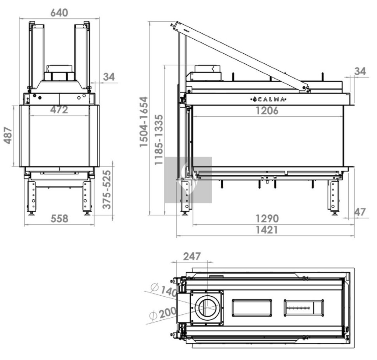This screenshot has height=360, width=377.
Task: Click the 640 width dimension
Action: [x=59, y=13]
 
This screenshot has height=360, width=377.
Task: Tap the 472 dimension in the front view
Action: [x=59, y=110]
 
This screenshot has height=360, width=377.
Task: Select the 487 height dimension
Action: [x=8, y=136]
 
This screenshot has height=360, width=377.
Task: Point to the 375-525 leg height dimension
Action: [x=107, y=190]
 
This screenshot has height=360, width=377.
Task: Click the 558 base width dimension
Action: [x=59, y=218]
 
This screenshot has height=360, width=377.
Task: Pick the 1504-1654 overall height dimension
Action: [x=144, y=122]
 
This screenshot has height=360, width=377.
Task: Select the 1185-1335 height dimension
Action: [x=159, y=140]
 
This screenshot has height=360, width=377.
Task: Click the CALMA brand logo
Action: [x=268, y=99]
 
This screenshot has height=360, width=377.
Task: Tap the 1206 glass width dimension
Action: [x=267, y=111]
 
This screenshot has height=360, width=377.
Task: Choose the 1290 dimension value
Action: [x=267, y=218]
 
